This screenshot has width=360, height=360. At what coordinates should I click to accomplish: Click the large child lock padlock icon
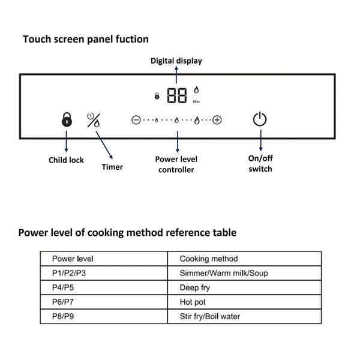66,119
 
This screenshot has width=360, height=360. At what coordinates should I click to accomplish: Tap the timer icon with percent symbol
94,119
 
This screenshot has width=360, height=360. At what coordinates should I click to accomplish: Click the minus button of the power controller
136,120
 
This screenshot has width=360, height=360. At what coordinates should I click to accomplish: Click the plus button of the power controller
217,120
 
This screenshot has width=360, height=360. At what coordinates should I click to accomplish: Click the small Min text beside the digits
196,101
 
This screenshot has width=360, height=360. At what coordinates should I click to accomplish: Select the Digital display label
176,61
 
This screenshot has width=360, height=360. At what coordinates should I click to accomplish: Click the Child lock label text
66,160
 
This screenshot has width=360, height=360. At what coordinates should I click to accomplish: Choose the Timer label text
112,167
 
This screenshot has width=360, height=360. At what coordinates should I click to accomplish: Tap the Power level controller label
176,164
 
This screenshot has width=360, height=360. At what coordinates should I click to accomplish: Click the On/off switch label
260,164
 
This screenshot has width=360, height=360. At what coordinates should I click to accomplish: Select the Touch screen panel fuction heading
86,39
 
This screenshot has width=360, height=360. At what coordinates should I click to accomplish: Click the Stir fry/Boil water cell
211,316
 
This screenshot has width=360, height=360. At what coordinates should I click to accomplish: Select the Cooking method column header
209,259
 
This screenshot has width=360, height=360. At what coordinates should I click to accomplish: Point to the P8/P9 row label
64,316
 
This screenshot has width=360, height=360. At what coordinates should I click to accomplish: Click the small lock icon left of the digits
157,96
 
